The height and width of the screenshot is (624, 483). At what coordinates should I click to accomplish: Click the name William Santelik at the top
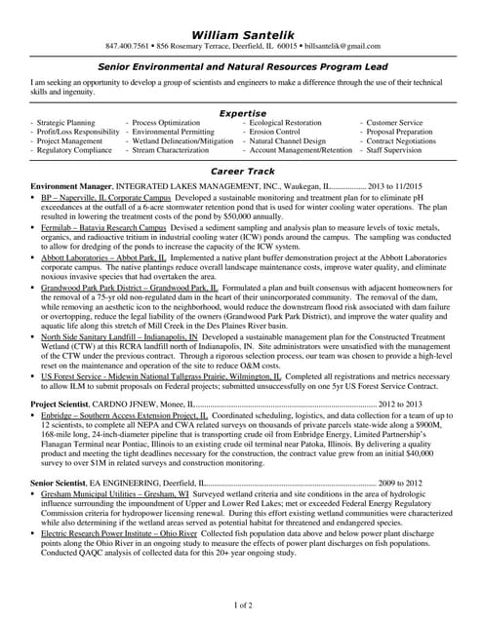tap(242, 34)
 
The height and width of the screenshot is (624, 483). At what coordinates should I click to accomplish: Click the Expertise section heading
tap(242, 113)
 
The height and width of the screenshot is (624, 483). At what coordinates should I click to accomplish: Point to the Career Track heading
tap(242, 171)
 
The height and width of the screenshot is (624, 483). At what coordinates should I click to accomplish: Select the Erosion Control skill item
tap(275, 132)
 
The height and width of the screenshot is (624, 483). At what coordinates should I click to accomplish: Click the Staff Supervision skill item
tap(395, 151)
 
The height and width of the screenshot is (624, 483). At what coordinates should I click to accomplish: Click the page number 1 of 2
tap(241, 605)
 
